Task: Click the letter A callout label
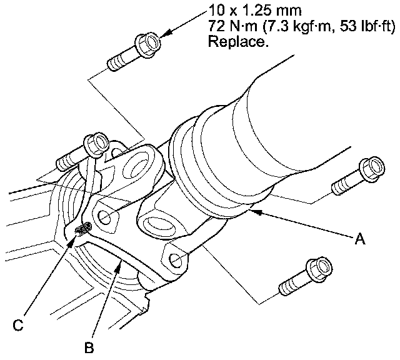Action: tap(359, 238)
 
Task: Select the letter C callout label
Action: tap(19, 324)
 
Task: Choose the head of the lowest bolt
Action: tap(320, 269)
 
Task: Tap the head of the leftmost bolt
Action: tap(95, 144)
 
